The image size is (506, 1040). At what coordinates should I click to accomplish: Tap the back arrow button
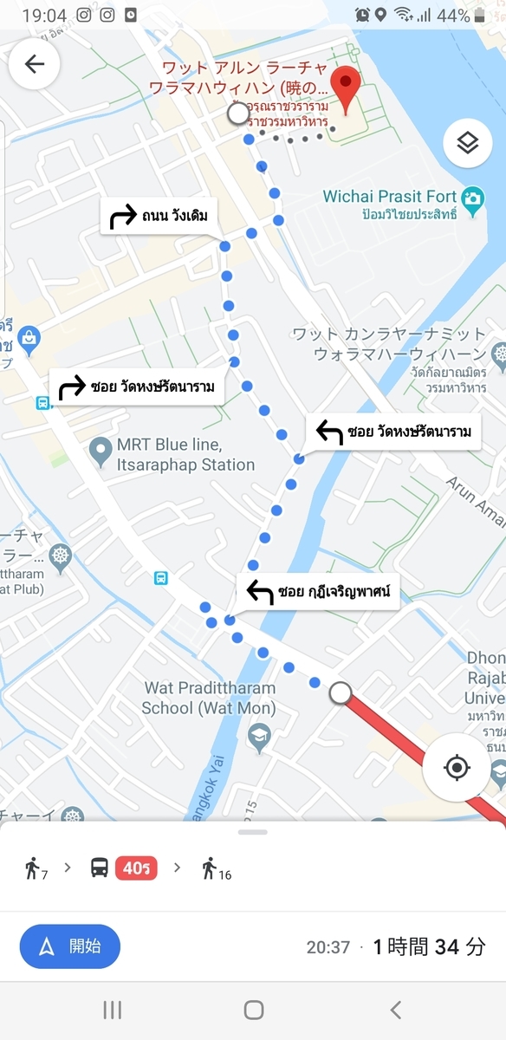click(x=35, y=64)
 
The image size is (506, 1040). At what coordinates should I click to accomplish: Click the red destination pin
click(x=347, y=88)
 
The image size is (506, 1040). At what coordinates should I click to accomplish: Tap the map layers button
click(x=467, y=143)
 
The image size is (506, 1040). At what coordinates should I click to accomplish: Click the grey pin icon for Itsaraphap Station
click(x=101, y=449)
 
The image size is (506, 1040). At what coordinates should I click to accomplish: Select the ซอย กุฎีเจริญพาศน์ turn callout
click(x=318, y=593)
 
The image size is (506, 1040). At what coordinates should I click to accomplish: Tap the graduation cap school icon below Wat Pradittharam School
click(x=259, y=738)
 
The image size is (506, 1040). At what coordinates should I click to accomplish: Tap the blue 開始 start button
click(x=70, y=946)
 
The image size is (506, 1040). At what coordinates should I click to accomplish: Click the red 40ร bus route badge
click(x=136, y=868)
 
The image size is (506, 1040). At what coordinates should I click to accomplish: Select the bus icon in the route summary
click(x=100, y=868)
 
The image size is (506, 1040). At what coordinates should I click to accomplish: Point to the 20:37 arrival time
click(x=328, y=947)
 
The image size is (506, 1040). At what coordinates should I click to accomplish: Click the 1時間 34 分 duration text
click(x=429, y=946)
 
